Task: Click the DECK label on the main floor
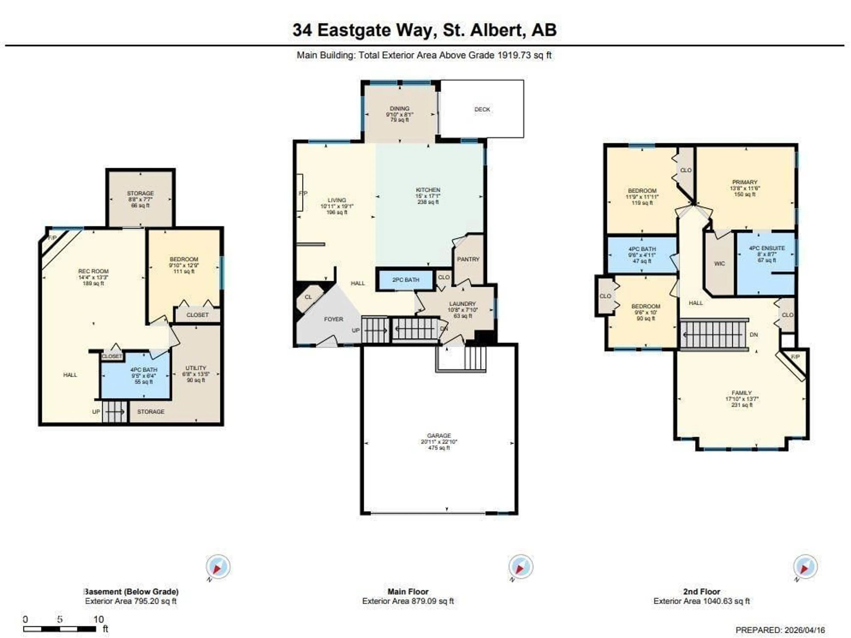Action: coord(482,109)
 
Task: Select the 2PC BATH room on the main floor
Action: coord(406,280)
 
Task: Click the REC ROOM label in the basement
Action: coord(94,271)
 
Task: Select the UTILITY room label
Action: coord(196,368)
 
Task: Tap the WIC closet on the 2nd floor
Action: coord(719,264)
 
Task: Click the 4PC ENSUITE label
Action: coord(767,248)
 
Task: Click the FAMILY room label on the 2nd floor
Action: coord(741,393)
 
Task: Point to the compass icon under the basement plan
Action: coord(218,567)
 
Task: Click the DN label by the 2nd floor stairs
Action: coord(754,335)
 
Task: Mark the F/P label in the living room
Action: coord(303,193)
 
